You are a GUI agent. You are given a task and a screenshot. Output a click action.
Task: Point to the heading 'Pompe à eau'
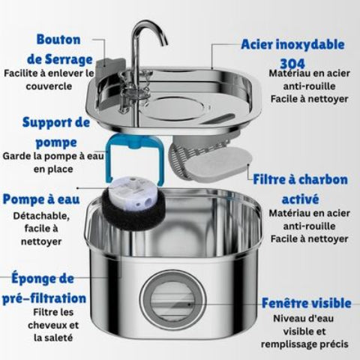click(x=40, y=199)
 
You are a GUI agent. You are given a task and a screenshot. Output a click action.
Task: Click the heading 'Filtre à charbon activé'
click(x=299, y=190)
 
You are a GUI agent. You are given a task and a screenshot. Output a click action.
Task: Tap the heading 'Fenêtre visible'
click(x=305, y=303)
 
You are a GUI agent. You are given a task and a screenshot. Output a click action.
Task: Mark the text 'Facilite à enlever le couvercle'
click(x=48, y=80)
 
